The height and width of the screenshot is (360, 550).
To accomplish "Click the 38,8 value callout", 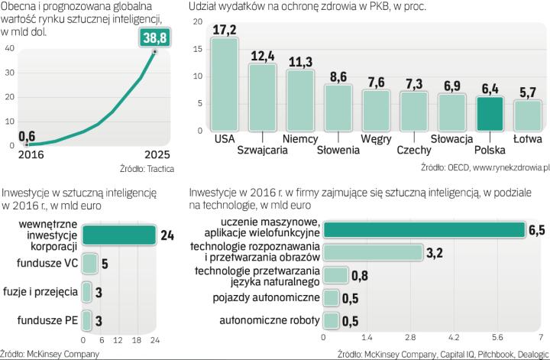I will [155, 37].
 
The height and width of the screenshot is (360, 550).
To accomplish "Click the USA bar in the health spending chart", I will [225, 84].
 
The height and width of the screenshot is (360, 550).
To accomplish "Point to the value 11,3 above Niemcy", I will [299, 60].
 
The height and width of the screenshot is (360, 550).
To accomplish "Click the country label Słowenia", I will [338, 150].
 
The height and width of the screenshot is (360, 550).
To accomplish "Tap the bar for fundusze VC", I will [89, 264].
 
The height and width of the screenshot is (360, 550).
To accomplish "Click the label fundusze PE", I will [51, 319].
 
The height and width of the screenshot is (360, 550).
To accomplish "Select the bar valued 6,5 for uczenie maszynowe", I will [424, 229].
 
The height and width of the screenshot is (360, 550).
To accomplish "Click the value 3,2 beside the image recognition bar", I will [435, 253].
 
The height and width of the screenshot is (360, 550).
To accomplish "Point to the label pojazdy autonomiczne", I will [270, 298].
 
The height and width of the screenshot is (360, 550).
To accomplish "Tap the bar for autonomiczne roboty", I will [332, 320].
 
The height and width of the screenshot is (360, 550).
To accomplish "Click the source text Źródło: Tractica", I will [145, 168].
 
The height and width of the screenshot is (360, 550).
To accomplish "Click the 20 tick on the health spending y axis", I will [198, 21].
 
